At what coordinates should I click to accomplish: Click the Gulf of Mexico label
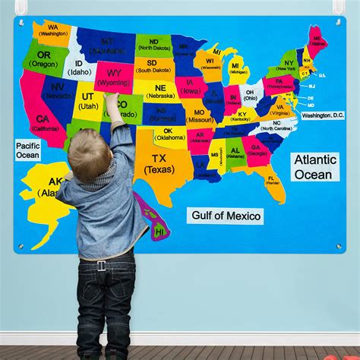[x=226, y=216]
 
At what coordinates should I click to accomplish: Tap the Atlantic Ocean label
[x=314, y=167]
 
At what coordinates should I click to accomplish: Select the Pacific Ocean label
[x=28, y=150]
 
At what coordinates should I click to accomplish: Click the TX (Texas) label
[x=159, y=164]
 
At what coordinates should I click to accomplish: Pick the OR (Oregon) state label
[x=43, y=59]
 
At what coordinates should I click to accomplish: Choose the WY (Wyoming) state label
[x=114, y=77]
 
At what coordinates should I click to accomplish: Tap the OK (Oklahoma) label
[x=169, y=134]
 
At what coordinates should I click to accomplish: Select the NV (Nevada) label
[x=58, y=91]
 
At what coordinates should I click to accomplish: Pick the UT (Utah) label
[x=88, y=101]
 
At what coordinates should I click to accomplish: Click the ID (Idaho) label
[x=79, y=68]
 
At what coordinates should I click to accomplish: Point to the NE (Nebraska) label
[x=160, y=92]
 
